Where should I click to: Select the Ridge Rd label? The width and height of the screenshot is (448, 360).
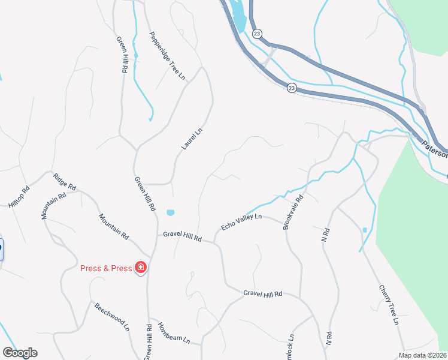65,182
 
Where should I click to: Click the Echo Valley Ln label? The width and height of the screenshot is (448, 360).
241,221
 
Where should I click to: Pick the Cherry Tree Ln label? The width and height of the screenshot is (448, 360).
388,304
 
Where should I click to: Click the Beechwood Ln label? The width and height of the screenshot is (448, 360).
112,316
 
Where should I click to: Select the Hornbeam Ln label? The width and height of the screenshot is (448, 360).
174,333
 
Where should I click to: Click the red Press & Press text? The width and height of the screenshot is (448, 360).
106,268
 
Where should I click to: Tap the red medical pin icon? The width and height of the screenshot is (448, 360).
141,268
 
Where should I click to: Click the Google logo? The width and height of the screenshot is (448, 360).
20,353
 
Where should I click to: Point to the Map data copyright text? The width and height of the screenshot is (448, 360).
422,355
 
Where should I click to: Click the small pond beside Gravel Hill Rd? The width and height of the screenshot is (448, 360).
171,213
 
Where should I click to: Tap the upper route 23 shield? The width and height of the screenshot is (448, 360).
257,34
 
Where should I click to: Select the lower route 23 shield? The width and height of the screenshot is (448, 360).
291,88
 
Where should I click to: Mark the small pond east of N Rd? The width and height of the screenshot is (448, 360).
365,230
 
